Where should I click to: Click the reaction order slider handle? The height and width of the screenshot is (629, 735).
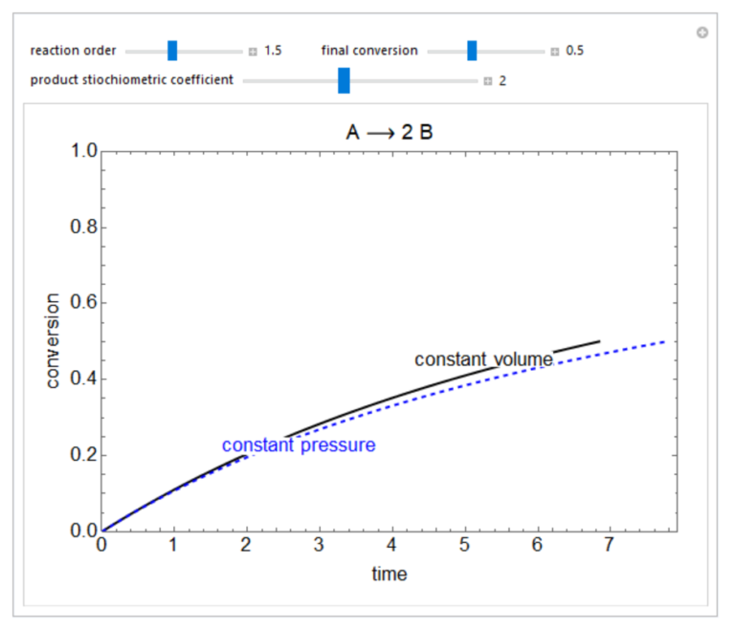[x=172, y=51]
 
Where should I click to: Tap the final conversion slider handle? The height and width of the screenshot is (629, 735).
[x=472, y=51]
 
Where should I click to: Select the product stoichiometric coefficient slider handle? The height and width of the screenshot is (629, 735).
[x=344, y=80]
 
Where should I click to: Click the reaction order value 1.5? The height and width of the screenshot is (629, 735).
[x=273, y=51]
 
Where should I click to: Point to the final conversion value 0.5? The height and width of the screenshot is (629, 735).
[x=574, y=51]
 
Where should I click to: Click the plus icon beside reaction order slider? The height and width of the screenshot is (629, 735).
[x=253, y=52]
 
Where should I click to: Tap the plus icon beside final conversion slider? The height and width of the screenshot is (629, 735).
[x=555, y=52]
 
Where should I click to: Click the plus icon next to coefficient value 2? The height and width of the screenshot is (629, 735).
[x=487, y=81]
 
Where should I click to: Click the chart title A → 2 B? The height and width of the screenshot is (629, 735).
[x=390, y=132]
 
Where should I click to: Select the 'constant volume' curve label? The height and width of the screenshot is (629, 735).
[x=483, y=359]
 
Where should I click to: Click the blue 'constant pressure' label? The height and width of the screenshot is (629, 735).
[x=299, y=445]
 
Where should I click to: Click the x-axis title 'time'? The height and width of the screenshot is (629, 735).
[x=390, y=574]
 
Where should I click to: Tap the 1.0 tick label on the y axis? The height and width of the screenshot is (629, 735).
[x=84, y=152]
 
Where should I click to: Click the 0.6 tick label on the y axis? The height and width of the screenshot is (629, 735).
[x=84, y=304]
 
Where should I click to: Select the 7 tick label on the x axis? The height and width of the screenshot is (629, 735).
[x=611, y=546]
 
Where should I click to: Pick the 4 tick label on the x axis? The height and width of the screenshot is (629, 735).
[x=393, y=546]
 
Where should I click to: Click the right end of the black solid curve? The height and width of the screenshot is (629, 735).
[x=599, y=341]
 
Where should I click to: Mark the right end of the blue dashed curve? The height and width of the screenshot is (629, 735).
[x=663, y=341]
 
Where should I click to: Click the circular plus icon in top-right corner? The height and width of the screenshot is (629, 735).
[x=702, y=33]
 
